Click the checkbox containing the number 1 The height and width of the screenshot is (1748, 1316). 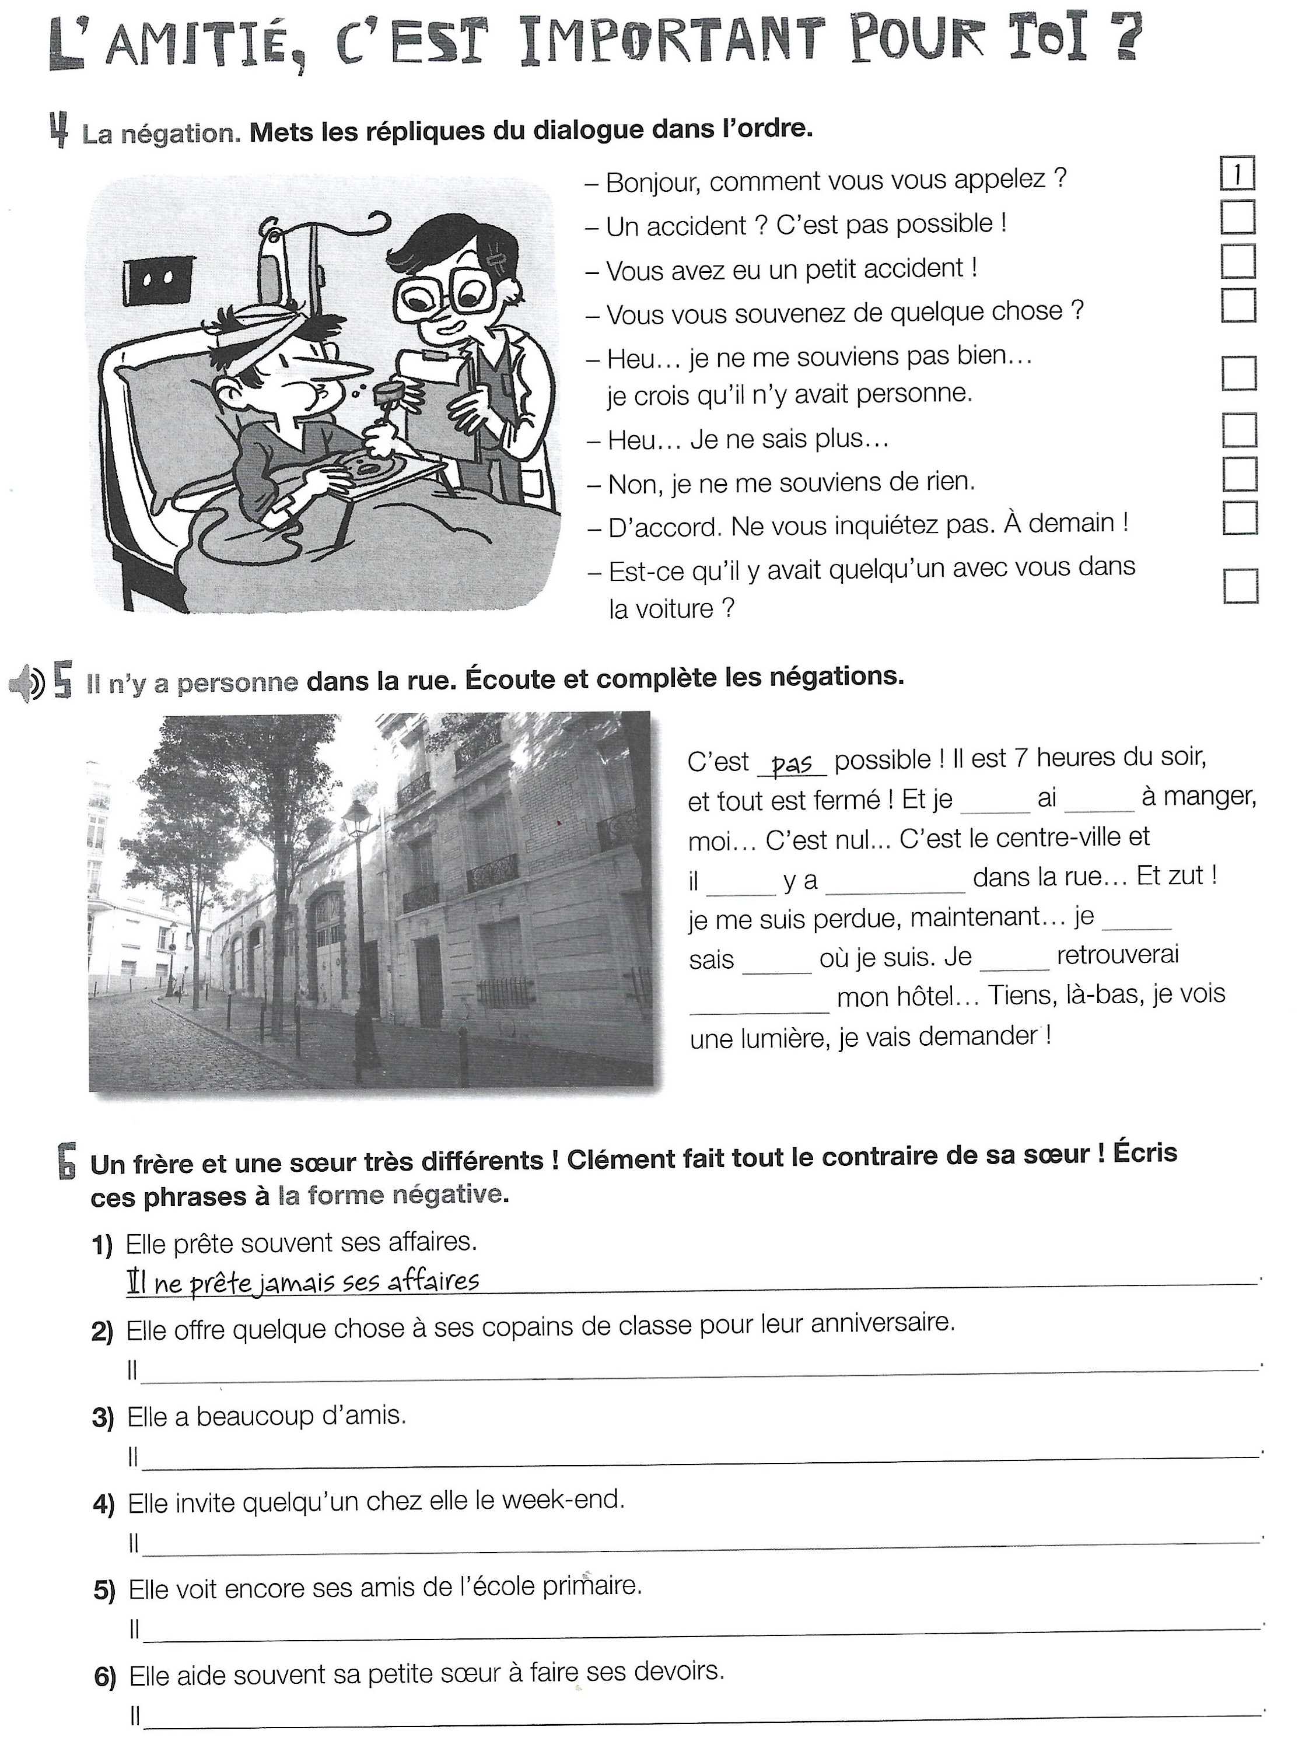point(1238,174)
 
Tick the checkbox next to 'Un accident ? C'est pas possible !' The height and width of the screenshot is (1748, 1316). point(1238,218)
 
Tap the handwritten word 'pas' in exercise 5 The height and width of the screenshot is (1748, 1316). point(792,763)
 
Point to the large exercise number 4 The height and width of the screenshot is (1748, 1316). point(58,131)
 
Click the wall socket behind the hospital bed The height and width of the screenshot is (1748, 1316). point(159,278)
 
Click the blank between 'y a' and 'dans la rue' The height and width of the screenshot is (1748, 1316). point(895,884)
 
